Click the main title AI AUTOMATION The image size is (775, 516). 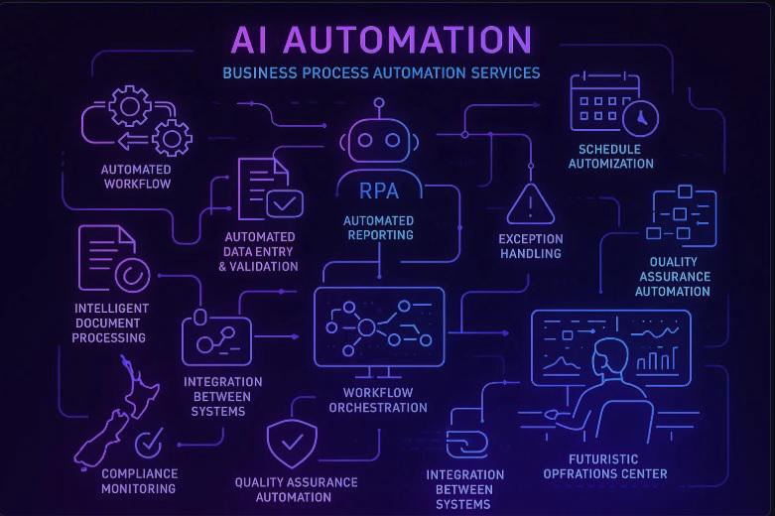pos(382,40)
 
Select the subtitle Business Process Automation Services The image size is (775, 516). pos(381,72)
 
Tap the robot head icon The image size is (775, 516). pos(378,139)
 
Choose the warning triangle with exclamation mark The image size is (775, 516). pos(530,206)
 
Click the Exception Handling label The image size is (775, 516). pos(530,246)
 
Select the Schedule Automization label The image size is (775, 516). pos(610,157)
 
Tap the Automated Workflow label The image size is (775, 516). pos(136,177)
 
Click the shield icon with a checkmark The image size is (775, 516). pos(292,445)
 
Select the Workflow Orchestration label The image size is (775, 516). pos(378,400)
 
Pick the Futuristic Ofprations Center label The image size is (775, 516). pos(617,466)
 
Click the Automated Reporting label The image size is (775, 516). pos(378,227)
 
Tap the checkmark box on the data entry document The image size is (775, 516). pos(286,203)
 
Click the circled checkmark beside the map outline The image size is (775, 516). pos(150,442)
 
